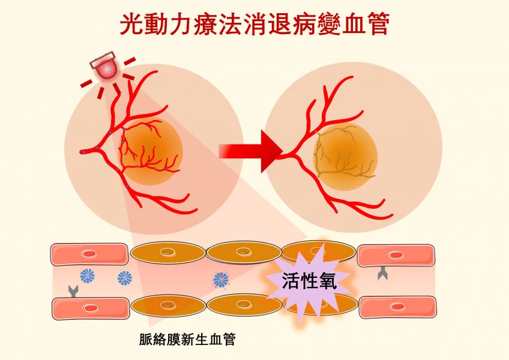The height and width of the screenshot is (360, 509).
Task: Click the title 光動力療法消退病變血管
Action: (x=254, y=25)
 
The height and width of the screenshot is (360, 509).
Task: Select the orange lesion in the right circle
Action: (x=345, y=153)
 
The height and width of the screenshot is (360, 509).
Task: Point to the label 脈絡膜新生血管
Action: (x=187, y=340)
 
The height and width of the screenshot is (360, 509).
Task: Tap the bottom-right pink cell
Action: (x=397, y=307)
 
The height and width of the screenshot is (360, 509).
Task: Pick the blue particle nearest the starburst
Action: (x=221, y=279)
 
